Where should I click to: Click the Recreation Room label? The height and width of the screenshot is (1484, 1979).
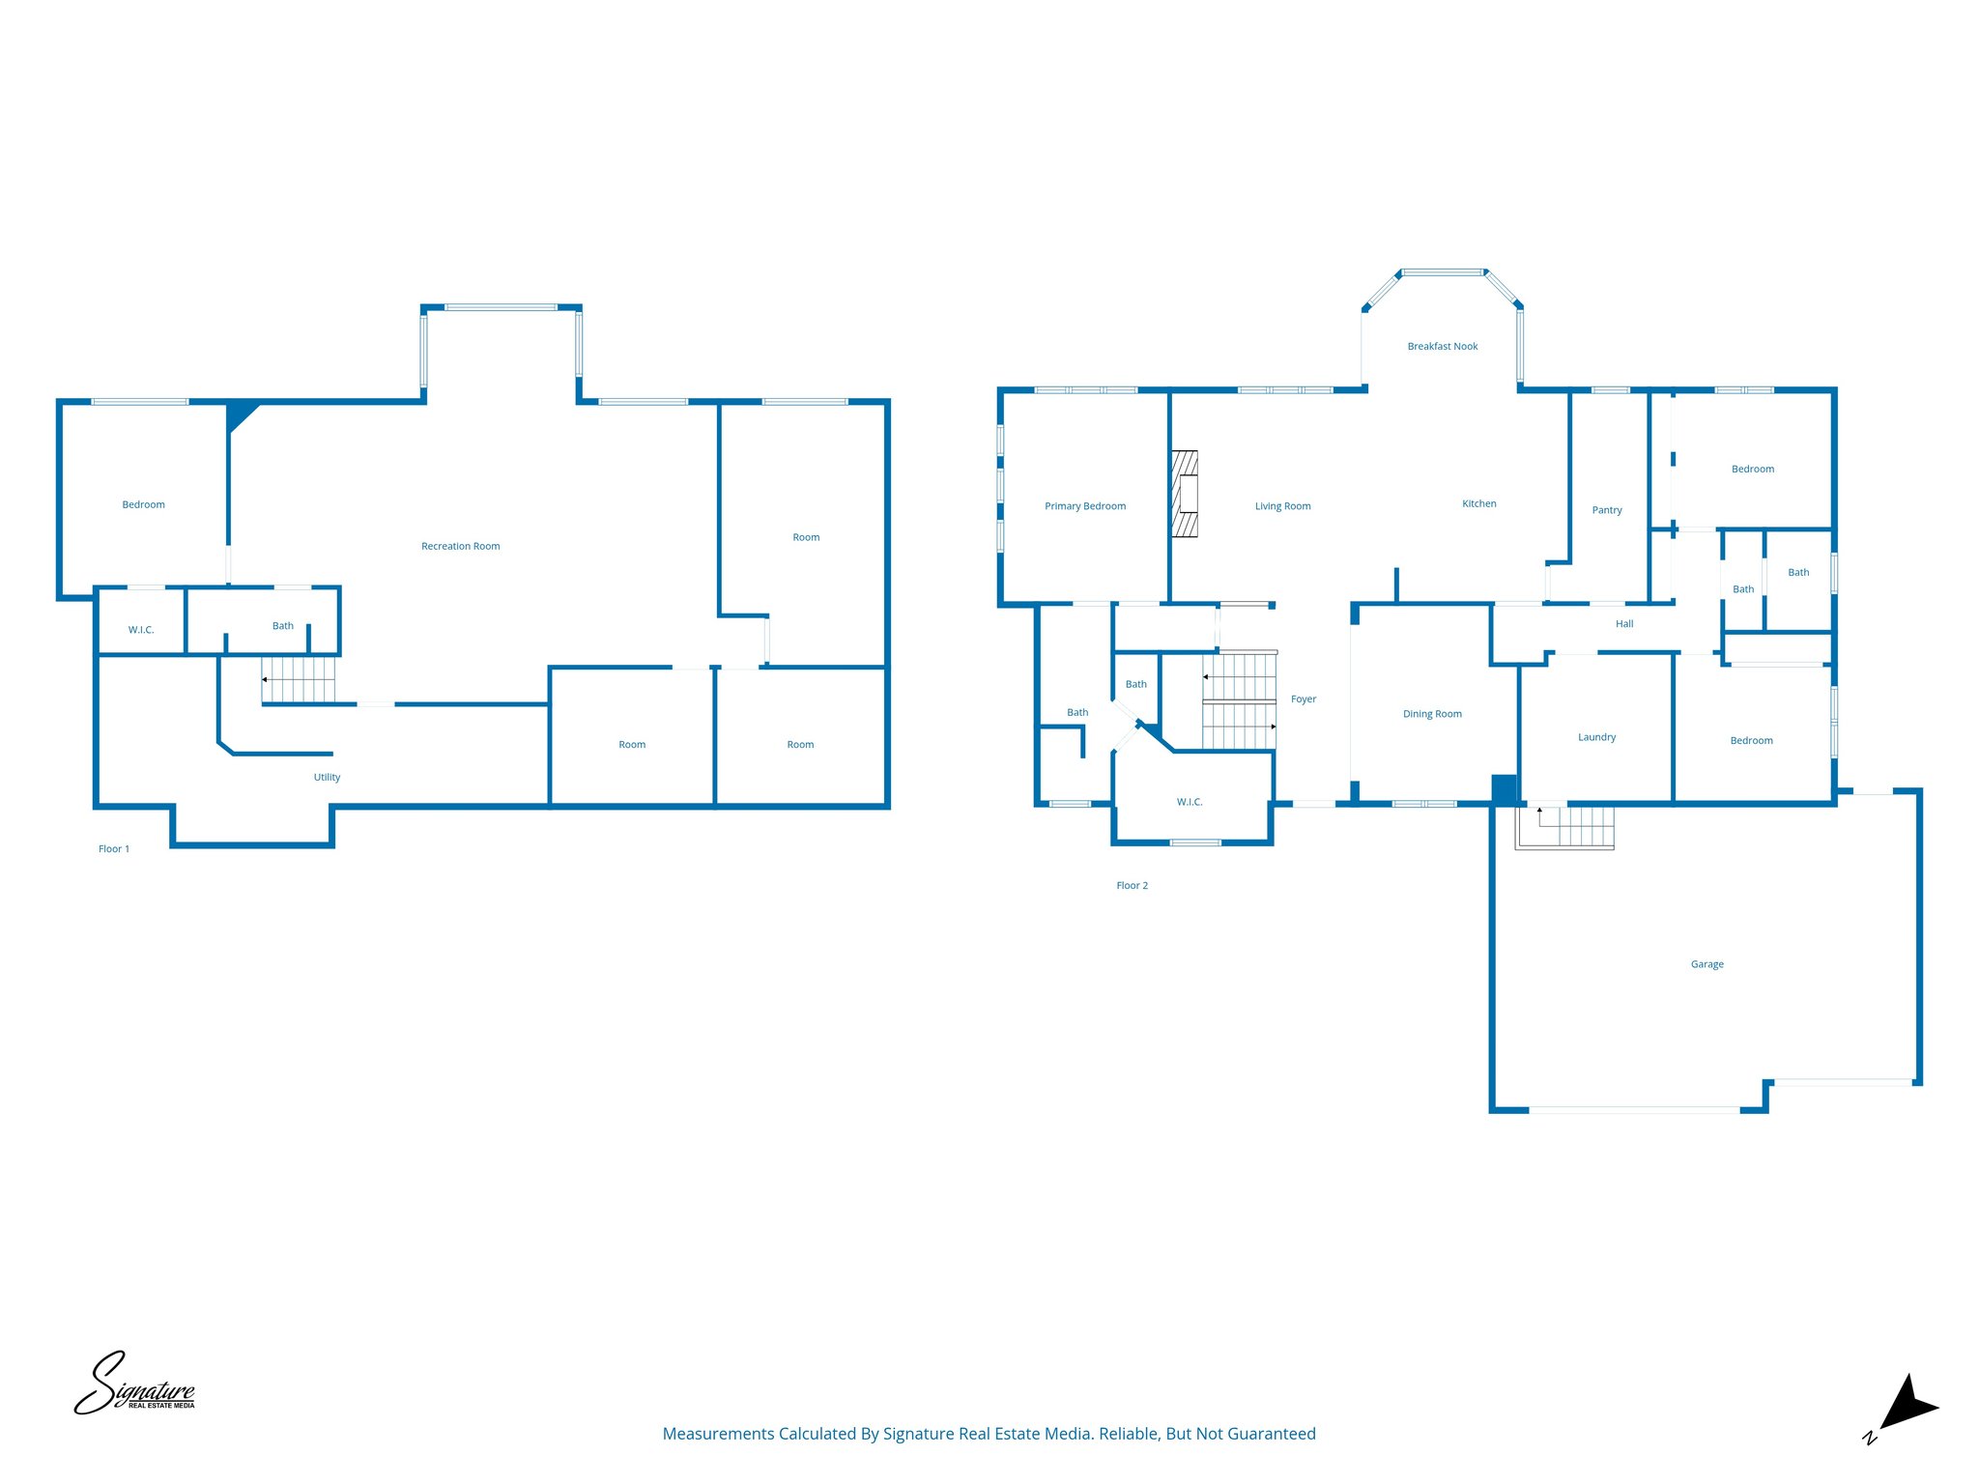(460, 546)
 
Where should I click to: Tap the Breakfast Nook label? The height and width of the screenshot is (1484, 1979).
(1442, 346)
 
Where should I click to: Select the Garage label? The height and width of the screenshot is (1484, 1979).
(1707, 964)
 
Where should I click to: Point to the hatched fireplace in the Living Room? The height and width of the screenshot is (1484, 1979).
(1185, 494)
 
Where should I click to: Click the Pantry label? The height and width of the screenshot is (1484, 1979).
(1606, 510)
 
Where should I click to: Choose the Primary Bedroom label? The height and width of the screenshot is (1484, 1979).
(1084, 506)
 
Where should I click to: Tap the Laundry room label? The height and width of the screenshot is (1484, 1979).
(1596, 737)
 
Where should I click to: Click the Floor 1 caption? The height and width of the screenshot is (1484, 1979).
(114, 849)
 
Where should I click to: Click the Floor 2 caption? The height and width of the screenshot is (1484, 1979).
(1132, 886)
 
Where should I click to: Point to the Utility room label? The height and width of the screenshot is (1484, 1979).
(327, 777)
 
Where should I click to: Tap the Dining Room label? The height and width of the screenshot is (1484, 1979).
(1432, 714)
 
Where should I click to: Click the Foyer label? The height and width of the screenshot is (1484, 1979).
(1303, 699)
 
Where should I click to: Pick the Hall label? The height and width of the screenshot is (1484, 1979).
(1624, 624)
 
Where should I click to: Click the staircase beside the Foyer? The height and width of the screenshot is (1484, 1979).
(1239, 701)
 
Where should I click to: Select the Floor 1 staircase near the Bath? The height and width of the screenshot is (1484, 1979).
(299, 679)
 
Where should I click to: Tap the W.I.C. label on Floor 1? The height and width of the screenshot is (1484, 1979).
(141, 630)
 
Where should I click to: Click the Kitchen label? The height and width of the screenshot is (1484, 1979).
(1478, 503)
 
